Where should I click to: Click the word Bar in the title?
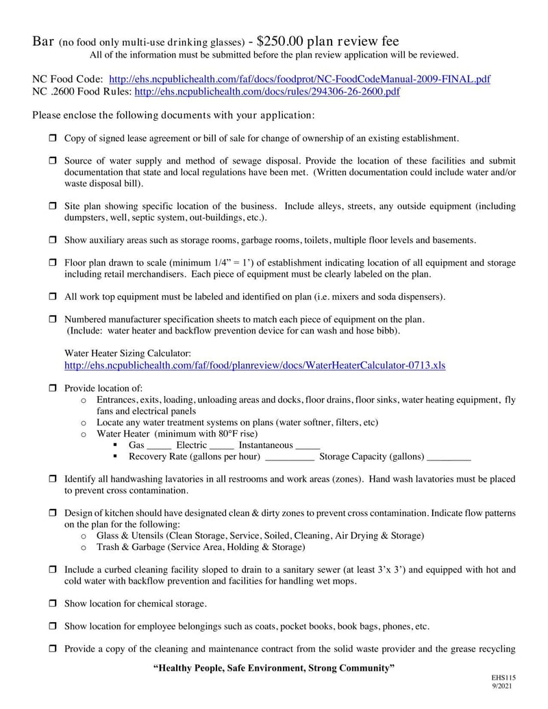tap(44, 42)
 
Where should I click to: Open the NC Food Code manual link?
tap(299, 79)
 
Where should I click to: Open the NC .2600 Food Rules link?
tap(267, 91)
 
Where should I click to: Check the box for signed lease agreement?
tap(52, 138)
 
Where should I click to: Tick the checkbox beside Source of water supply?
tap(52, 161)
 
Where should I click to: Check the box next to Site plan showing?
tap(52, 206)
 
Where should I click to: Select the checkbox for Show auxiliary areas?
tap(52, 240)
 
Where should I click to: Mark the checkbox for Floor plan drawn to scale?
tap(52, 263)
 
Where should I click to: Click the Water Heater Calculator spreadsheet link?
tap(255, 366)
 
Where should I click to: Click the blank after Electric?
tap(221, 446)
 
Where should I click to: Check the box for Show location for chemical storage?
tap(52, 604)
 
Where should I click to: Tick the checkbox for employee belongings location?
tap(52, 626)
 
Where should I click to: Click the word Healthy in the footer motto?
tap(175, 668)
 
